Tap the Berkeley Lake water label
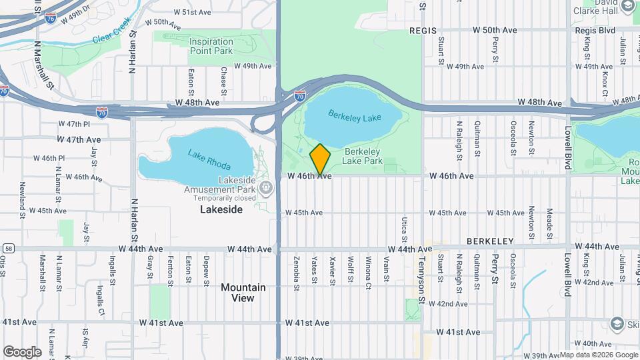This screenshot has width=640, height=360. point(355,117)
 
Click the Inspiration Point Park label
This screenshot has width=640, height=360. point(211,46)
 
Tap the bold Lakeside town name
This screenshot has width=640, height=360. point(221,209)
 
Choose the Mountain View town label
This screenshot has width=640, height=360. point(243,293)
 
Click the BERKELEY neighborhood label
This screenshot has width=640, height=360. point(489,241)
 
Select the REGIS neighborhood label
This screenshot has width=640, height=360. point(423,31)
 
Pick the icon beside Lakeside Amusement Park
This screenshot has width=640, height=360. point(267,187)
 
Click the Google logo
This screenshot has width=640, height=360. point(22,351)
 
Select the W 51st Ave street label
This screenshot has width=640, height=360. point(192,12)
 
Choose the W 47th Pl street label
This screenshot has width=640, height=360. point(74,124)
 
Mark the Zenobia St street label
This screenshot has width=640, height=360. point(296,270)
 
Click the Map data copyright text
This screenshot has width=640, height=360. point(597,355)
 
